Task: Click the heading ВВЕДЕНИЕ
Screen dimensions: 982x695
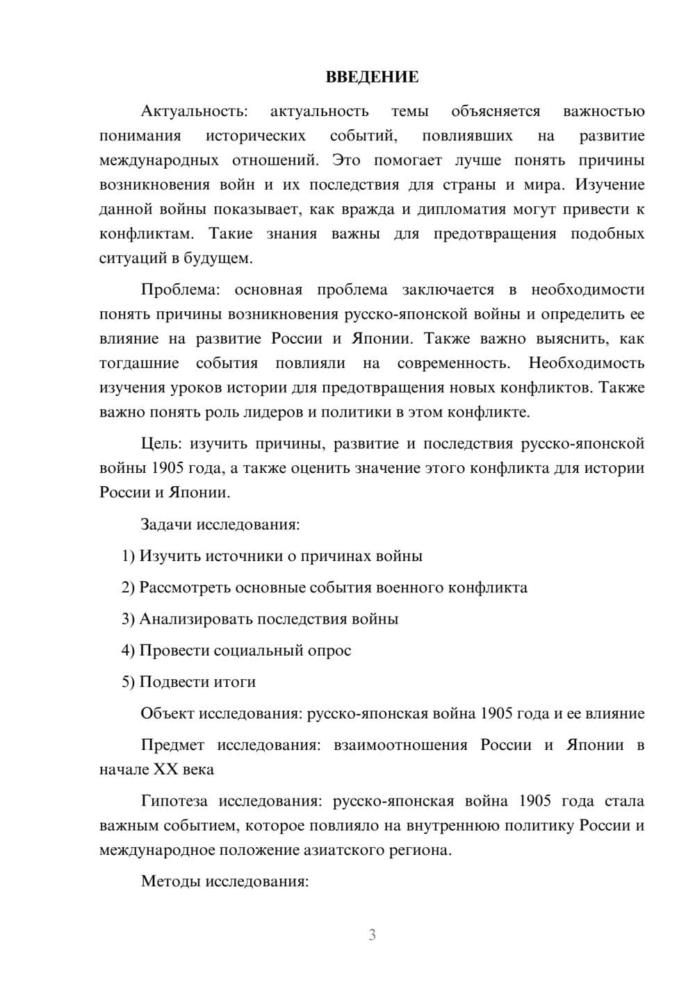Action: (372, 77)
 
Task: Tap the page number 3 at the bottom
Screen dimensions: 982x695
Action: (372, 935)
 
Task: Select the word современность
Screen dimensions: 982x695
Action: (453, 363)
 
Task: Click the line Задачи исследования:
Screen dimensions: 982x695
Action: (220, 524)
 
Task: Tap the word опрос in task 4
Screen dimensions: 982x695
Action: (330, 651)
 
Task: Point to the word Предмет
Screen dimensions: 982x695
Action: (172, 745)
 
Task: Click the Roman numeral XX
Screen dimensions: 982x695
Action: (165, 769)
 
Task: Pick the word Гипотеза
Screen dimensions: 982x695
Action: (174, 801)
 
